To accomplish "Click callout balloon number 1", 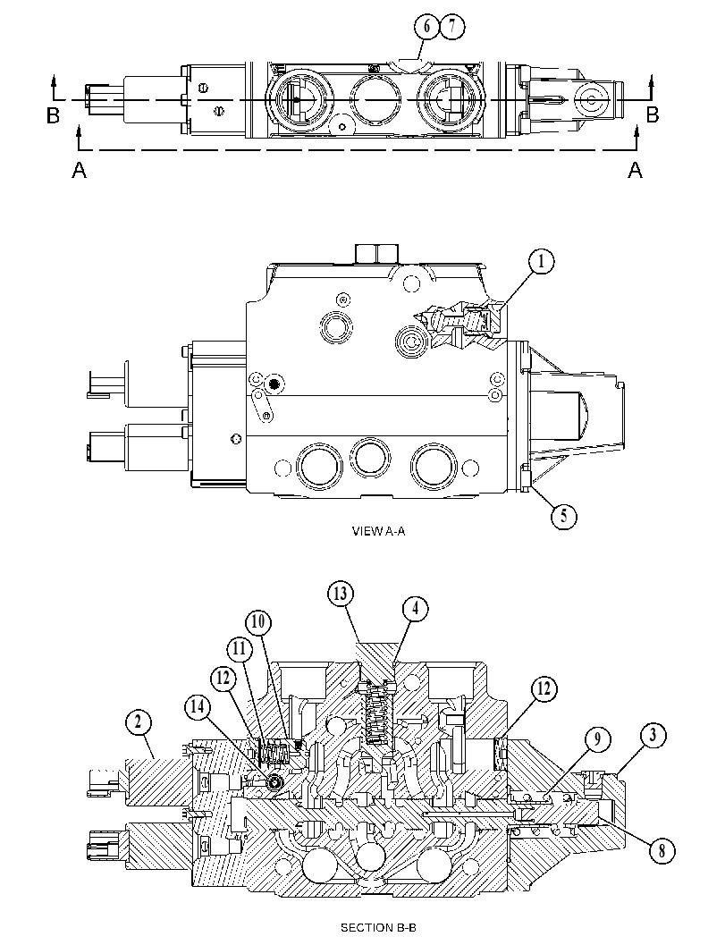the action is click(x=541, y=262).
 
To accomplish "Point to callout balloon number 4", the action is click(x=415, y=610).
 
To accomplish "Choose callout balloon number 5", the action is click(x=563, y=515).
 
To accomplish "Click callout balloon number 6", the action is click(x=426, y=27).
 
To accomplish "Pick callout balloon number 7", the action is click(x=452, y=27).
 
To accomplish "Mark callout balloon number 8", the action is click(x=662, y=850).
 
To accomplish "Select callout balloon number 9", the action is click(x=597, y=739).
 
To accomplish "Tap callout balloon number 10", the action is click(x=258, y=622).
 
